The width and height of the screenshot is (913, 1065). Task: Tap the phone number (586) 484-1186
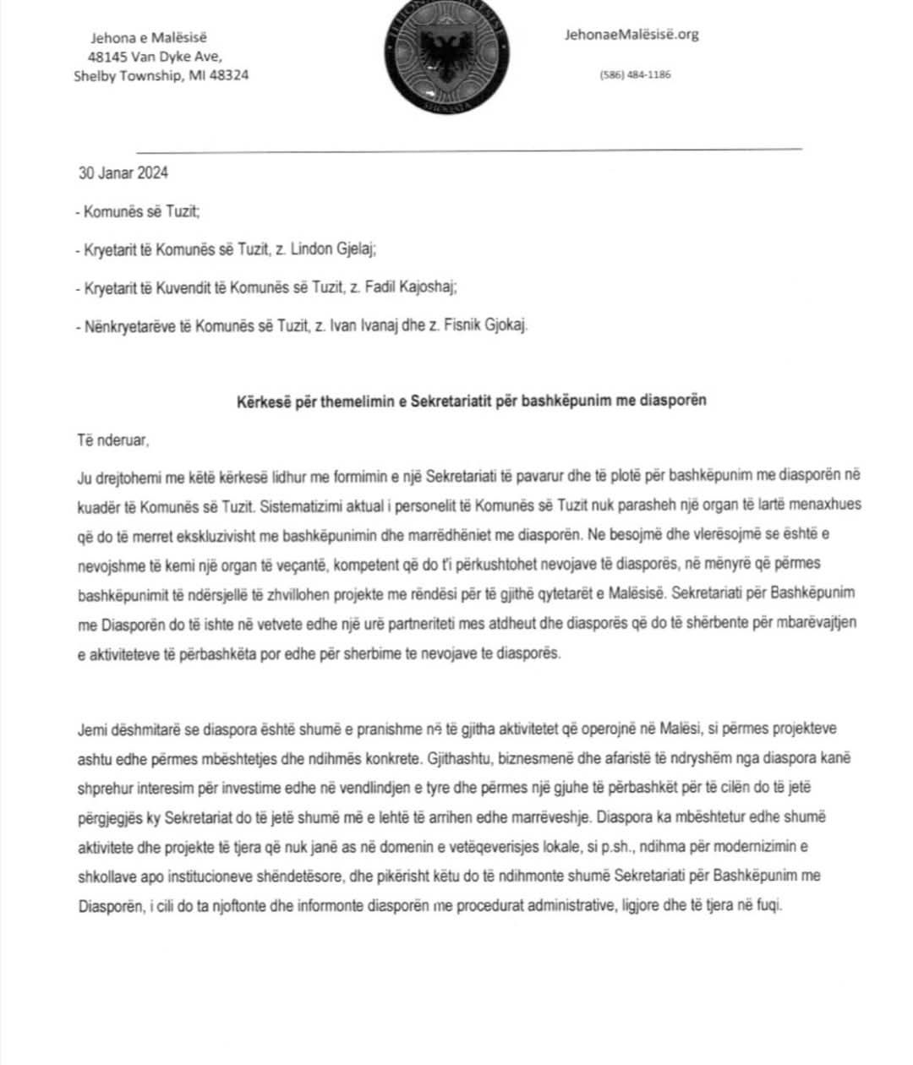pyautogui.click(x=635, y=74)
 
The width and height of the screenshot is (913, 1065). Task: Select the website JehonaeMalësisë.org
pyautogui.click(x=632, y=35)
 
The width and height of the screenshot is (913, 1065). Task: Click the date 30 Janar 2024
pyautogui.click(x=123, y=173)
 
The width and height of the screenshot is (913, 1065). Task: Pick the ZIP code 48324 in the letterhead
pyautogui.click(x=227, y=75)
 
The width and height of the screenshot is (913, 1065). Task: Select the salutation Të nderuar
pyautogui.click(x=112, y=440)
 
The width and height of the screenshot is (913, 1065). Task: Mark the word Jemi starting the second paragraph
pyautogui.click(x=91, y=729)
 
